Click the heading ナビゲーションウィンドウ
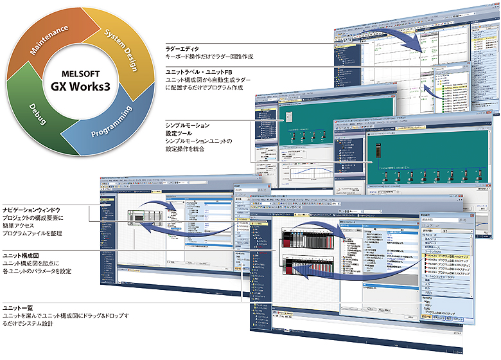click(35, 209)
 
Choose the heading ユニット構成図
click(22, 255)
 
